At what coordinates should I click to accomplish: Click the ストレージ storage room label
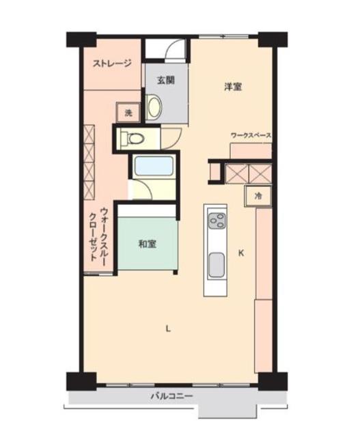[112, 64]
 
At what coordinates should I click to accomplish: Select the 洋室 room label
[233, 87]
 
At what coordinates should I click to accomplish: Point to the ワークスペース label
[251, 136]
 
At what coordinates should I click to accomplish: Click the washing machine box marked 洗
[128, 113]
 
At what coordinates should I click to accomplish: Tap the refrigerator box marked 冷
[258, 196]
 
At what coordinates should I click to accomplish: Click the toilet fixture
[132, 138]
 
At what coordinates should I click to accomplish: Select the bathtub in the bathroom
[154, 166]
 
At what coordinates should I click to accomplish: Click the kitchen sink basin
[217, 265]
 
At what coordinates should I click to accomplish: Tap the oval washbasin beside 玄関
[154, 107]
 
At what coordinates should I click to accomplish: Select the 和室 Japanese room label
[148, 244]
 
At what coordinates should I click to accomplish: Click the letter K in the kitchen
[241, 253]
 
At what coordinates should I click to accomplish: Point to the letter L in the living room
[168, 329]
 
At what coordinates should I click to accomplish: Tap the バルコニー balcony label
[171, 396]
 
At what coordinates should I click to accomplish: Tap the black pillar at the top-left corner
[81, 40]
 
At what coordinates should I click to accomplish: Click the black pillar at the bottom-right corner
[273, 381]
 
